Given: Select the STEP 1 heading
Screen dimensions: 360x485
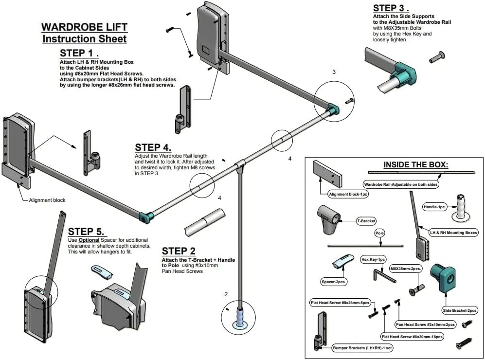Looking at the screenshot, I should point(79,53).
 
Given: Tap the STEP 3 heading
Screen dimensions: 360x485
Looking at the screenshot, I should point(391,8).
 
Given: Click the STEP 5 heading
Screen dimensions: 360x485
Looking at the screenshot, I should point(86,232).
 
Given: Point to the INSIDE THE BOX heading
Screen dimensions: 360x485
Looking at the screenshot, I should point(415,165).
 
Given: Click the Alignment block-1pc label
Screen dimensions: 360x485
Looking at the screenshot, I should point(348,194).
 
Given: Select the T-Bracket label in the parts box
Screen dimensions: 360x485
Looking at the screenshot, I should point(366,221).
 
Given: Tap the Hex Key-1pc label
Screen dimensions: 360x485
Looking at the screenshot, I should point(374,259).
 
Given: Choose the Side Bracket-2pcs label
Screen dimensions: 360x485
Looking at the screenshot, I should point(460,310).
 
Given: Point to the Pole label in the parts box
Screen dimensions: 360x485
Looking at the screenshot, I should point(379,233).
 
